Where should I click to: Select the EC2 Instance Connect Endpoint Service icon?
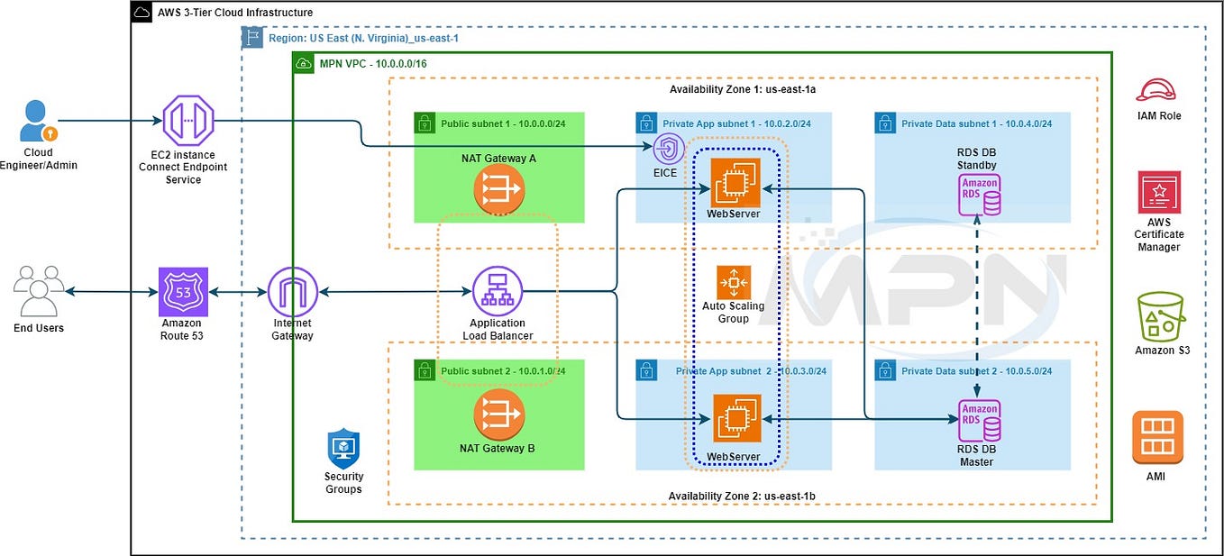(188, 120)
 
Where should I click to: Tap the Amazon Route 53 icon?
(183, 291)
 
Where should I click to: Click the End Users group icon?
(39, 291)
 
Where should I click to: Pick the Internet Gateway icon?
(293, 291)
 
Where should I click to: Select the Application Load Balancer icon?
(498, 291)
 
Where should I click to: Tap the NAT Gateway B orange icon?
(499, 414)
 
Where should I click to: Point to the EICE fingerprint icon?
(668, 148)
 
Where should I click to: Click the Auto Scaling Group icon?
(733, 282)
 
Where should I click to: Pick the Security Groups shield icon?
(343, 448)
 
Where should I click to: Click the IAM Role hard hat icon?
(1158, 90)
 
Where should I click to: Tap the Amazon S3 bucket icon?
(1161, 315)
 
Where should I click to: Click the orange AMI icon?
(1157, 437)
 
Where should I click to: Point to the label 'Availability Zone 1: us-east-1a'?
(743, 89)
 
